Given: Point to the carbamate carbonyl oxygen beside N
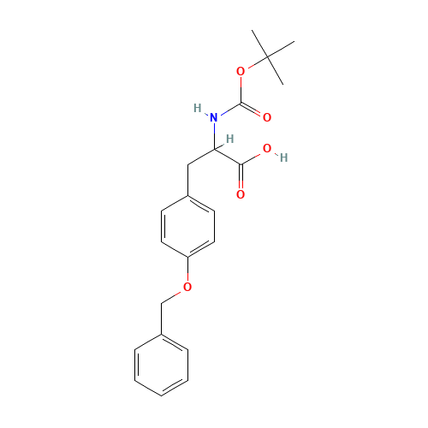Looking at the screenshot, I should pos(267,116).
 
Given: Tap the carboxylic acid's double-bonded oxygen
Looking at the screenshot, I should pos(241,194).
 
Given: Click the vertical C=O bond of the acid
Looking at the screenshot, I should pos(241,180).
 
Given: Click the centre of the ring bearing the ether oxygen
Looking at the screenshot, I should pos(187,227).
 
